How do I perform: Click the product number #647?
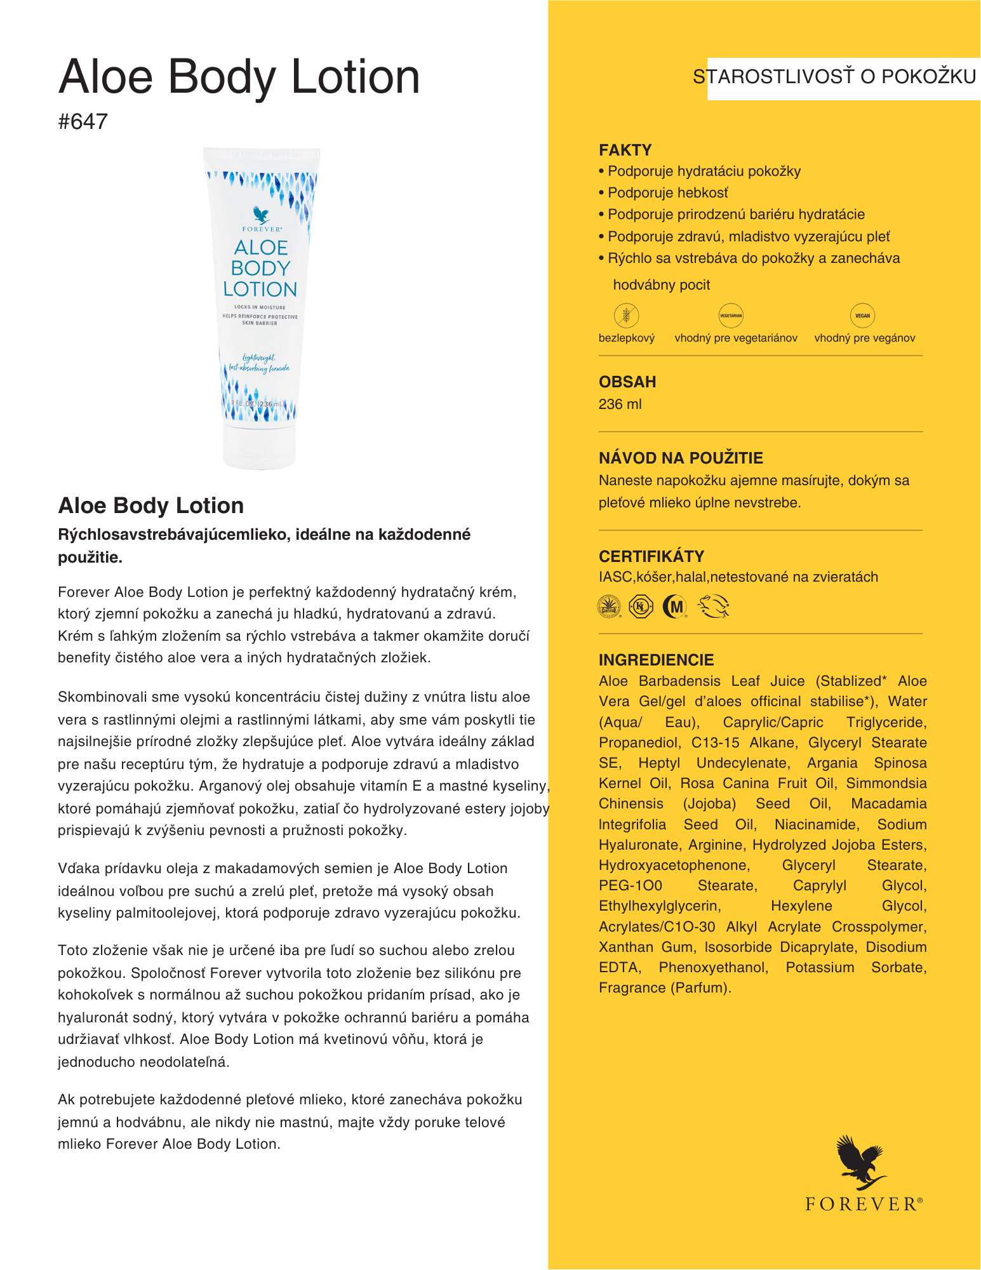click(83, 121)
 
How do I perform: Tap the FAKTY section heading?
click(625, 150)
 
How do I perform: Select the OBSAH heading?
click(627, 382)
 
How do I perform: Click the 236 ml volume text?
click(620, 404)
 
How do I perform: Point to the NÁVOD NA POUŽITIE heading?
click(681, 458)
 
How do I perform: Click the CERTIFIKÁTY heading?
click(651, 556)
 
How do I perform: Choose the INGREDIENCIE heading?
click(656, 660)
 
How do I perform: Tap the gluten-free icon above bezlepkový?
click(626, 315)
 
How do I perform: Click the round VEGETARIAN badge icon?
click(731, 315)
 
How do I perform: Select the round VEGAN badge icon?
click(862, 315)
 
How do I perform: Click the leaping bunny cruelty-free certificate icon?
click(713, 607)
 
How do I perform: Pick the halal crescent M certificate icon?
click(675, 607)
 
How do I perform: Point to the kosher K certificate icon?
click(641, 607)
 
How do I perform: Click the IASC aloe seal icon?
click(610, 607)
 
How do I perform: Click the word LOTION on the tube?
click(260, 290)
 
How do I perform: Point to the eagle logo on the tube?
click(261, 215)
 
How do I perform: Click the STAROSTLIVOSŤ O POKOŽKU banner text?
click(834, 77)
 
